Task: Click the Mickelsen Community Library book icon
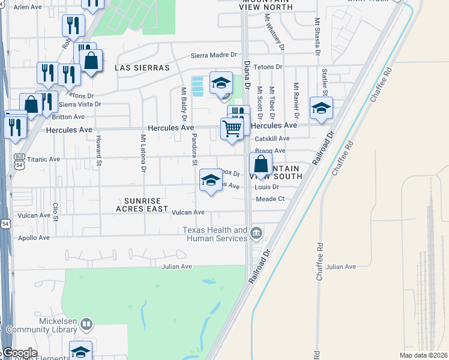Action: click(86, 325)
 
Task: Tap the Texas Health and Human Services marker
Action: click(256, 232)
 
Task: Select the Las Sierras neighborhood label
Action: click(142, 68)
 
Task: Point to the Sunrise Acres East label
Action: click(147, 205)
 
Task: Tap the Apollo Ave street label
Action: click(34, 238)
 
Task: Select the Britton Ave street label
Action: click(72, 116)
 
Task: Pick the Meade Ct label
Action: click(270, 199)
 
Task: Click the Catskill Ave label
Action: click(273, 138)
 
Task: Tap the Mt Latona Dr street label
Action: click(143, 152)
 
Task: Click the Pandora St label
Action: click(194, 149)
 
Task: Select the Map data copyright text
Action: click(423, 355)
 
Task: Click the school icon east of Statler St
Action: click(321, 108)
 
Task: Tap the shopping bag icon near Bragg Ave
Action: click(261, 163)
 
